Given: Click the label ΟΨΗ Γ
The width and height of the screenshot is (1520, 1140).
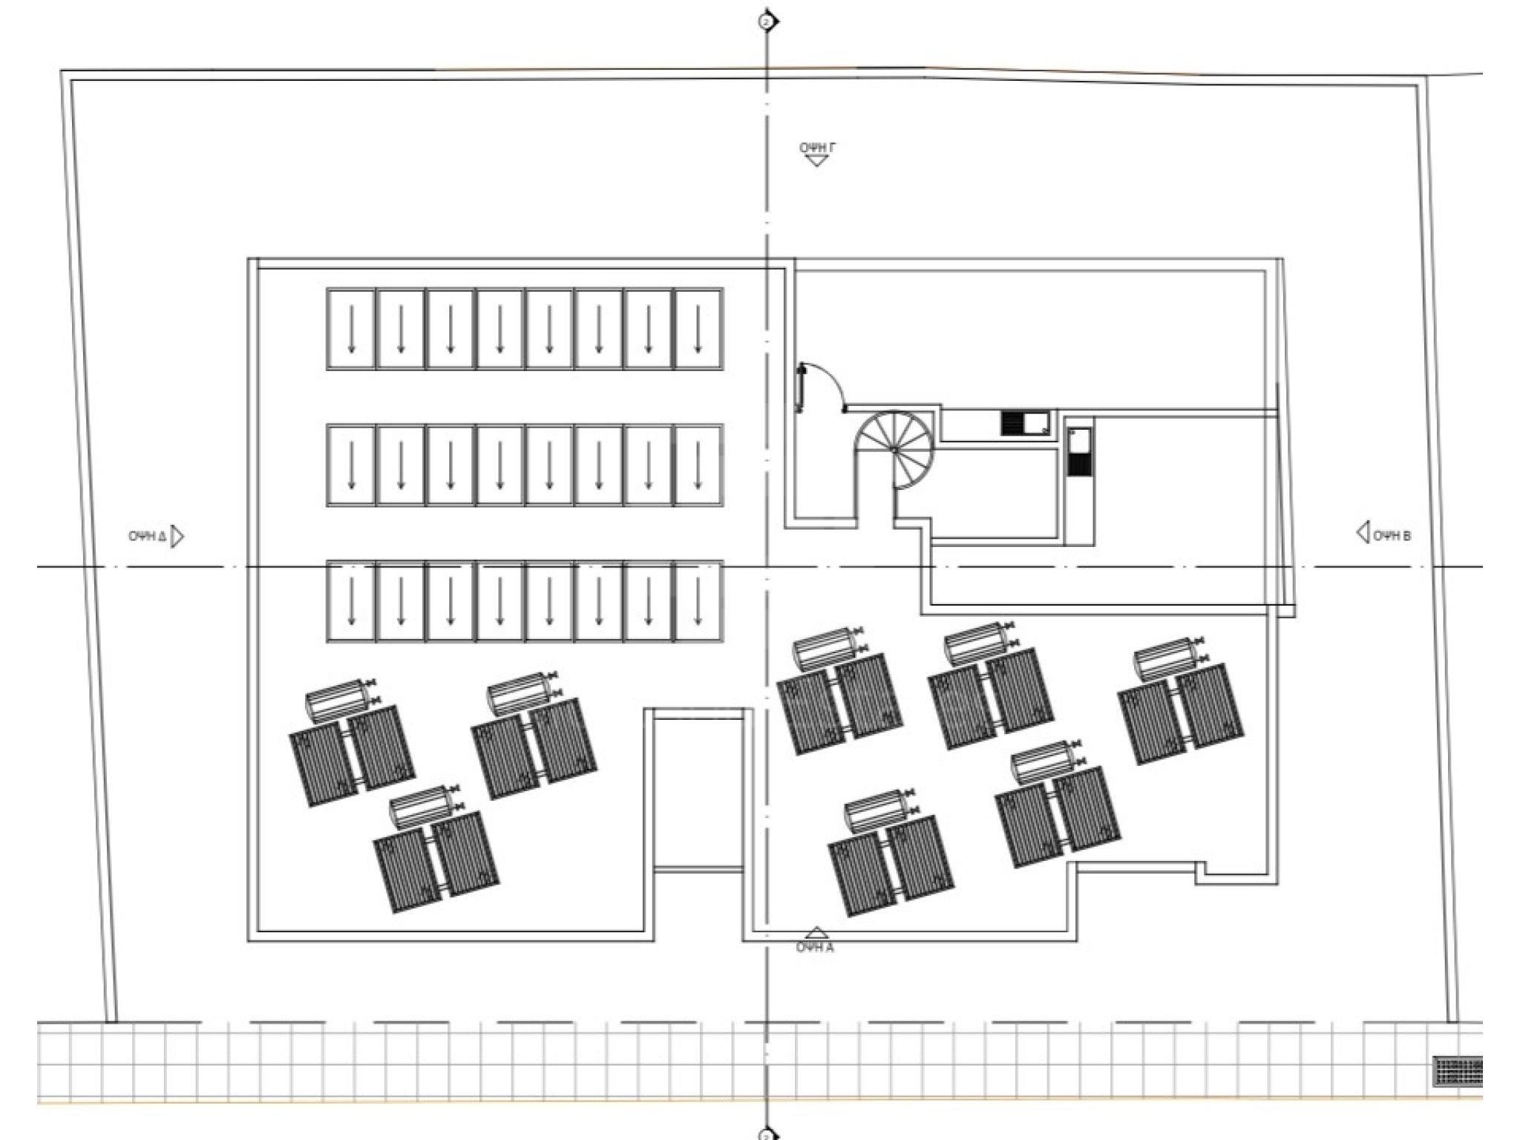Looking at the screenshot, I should coord(817,148).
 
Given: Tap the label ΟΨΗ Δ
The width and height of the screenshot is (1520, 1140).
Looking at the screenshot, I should coord(147,536).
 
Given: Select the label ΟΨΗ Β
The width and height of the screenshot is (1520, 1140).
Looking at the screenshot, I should coord(1392,536).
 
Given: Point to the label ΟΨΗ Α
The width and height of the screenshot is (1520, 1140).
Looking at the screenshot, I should coord(815,948).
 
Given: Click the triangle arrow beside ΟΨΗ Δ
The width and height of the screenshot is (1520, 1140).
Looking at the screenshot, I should coord(177,536).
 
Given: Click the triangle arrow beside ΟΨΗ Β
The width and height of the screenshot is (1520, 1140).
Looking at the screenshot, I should coord(1363,532).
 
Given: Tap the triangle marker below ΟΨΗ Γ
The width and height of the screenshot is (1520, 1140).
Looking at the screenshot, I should coord(816,160).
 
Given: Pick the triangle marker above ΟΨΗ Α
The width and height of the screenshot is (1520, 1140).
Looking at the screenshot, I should coord(816,934).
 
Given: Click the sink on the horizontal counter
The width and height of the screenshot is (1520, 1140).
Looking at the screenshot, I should coord(1026,424).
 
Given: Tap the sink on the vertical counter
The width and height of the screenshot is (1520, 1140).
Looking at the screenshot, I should coord(1079,451).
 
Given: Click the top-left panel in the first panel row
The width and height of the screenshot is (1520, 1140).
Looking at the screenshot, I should coord(350,329).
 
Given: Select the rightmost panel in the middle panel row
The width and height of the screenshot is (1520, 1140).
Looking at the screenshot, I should coord(698,465).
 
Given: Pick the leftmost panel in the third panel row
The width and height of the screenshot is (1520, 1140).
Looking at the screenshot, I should coord(350,600).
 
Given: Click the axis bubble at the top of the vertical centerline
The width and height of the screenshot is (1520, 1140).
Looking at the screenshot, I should coord(767,21).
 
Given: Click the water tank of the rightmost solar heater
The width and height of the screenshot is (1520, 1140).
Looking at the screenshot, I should coord(1164,660).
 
